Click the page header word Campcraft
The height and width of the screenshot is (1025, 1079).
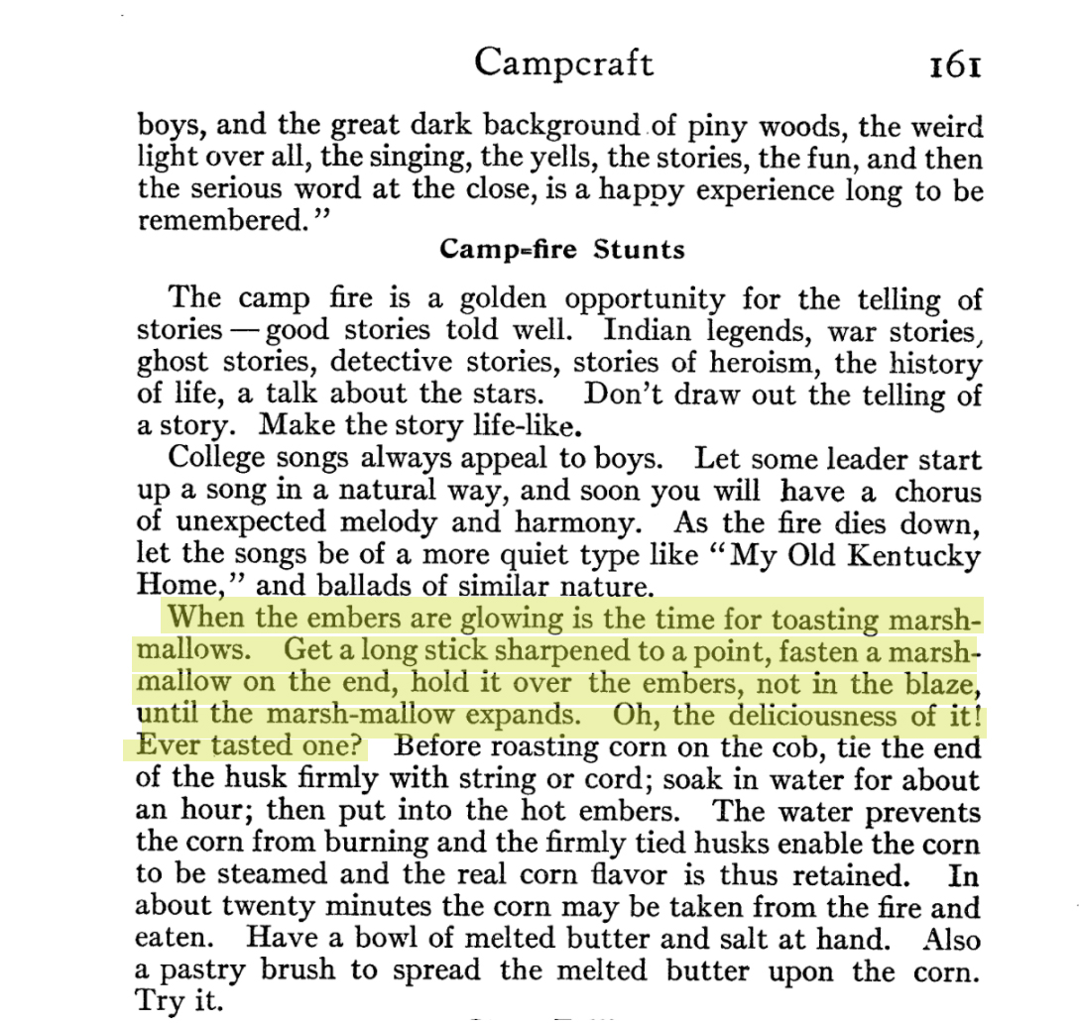tap(563, 62)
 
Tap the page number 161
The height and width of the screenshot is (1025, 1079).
tap(955, 64)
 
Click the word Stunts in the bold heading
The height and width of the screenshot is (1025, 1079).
tap(639, 249)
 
